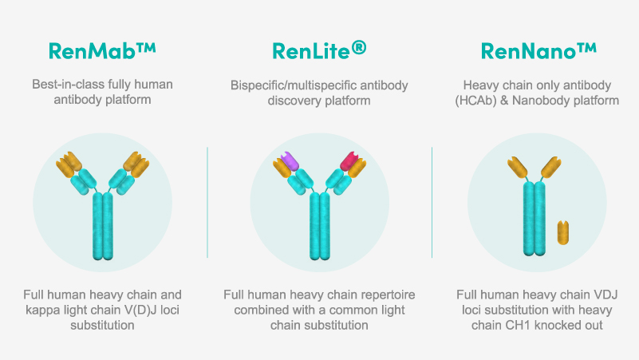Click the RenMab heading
coord(102,50)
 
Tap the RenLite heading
coord(319,50)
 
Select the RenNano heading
coord(538,50)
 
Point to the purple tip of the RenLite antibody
coord(290,160)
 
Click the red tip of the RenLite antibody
coord(349,160)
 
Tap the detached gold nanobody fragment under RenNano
coord(562,232)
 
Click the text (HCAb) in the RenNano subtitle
coord(475,101)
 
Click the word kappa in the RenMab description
coord(41,310)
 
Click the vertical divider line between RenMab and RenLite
coord(207,202)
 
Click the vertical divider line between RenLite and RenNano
coord(432,202)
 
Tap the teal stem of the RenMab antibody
coord(103,226)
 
